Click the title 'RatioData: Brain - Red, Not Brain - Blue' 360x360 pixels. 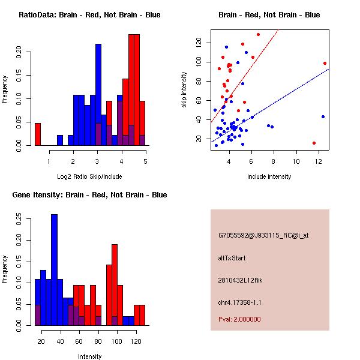pos(89,14)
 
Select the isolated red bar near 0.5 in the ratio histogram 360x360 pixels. pos(38,134)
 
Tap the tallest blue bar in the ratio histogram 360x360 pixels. pos(98,94)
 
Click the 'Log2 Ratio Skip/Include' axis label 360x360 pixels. pos(89,176)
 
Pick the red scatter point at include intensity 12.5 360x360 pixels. pos(325,63)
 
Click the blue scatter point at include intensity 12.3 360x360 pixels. pos(323,116)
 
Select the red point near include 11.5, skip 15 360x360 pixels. pos(314,143)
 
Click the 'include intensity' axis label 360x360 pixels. pos(269,176)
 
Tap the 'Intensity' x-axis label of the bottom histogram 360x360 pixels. pos(89,356)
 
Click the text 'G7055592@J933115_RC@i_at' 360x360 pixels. pos(263,236)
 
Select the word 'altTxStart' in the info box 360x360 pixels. pos(232,258)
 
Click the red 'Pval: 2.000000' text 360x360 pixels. pos(242,320)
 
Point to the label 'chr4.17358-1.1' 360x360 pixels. pos(240,302)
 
